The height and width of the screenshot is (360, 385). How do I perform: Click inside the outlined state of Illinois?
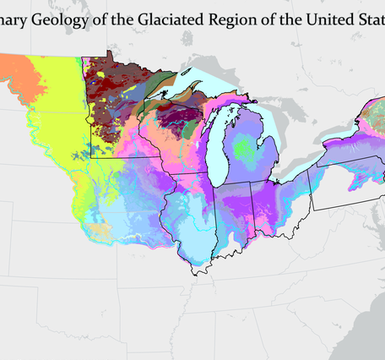pos(190,220)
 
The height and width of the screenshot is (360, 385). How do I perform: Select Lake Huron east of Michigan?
pos(279,127)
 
